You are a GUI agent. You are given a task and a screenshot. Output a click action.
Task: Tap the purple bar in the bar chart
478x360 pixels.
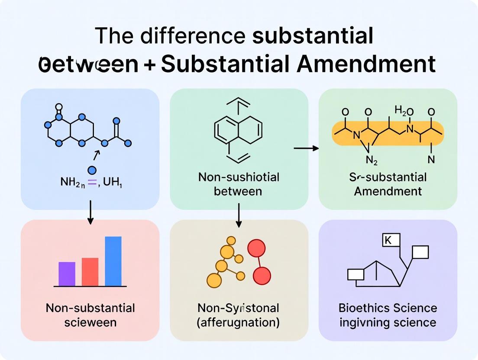[x=67, y=273]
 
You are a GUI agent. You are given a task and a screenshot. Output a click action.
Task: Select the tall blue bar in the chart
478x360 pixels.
[x=113, y=261]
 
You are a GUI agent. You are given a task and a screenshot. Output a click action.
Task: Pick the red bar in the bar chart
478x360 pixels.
[x=90, y=272]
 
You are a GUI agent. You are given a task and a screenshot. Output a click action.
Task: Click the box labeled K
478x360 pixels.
[x=391, y=241]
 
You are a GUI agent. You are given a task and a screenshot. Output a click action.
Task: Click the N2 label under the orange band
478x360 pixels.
[x=371, y=160]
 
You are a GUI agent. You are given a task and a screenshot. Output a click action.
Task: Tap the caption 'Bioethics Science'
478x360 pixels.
[x=388, y=308]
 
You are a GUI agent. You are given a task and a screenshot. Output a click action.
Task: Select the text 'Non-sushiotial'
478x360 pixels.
[x=239, y=177]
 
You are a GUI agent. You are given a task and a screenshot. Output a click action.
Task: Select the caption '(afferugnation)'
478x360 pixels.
[x=239, y=322]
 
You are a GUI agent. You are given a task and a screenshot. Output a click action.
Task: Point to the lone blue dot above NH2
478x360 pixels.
[x=92, y=170]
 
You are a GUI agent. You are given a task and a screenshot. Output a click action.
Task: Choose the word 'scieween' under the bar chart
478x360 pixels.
[x=90, y=322]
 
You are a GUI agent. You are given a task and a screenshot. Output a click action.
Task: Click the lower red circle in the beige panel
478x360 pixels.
[x=262, y=276]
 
